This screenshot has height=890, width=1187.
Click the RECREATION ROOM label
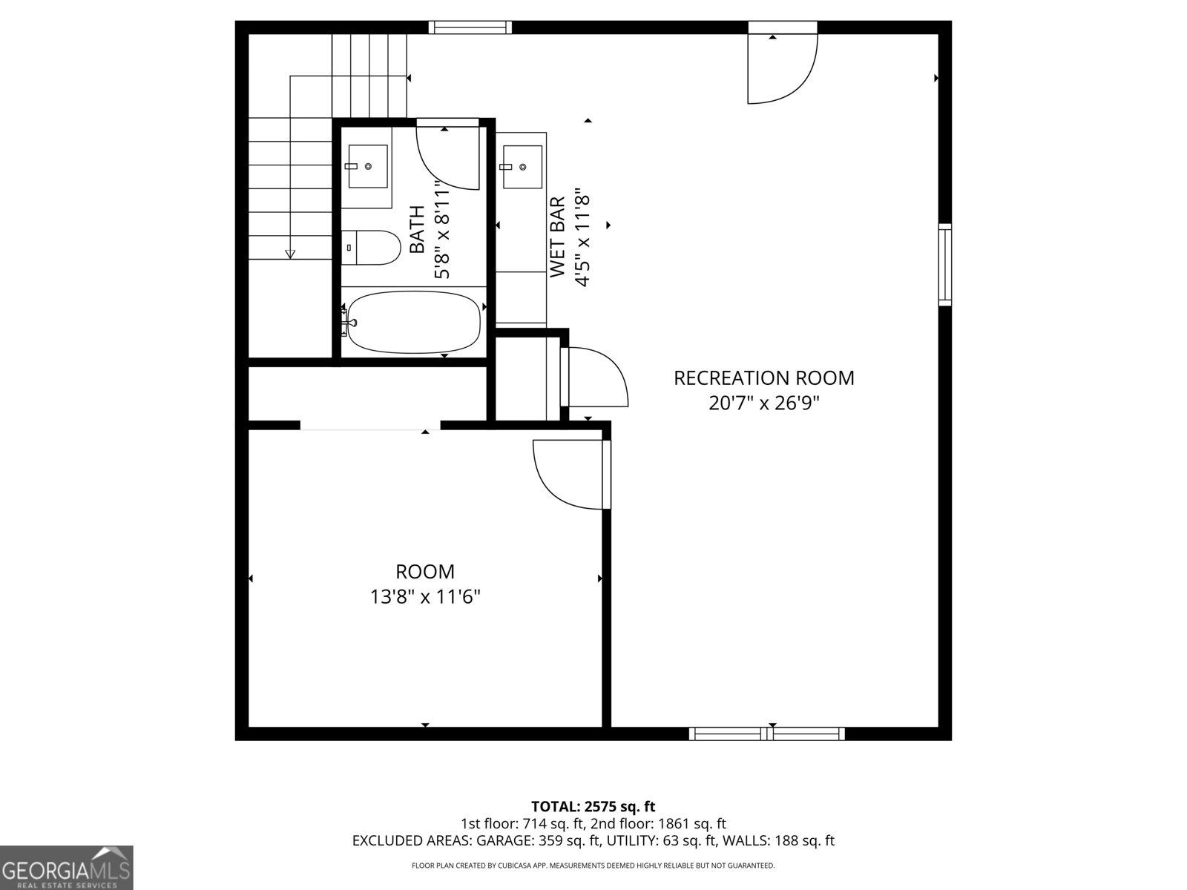tap(763, 378)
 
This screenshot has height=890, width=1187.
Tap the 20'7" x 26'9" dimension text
tap(763, 403)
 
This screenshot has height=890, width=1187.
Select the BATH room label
tap(418, 230)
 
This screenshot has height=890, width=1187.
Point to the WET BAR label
tap(558, 237)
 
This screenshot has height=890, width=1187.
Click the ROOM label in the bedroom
tap(425, 572)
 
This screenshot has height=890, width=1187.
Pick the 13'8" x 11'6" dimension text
tap(425, 596)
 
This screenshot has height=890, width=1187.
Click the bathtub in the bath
tap(414, 322)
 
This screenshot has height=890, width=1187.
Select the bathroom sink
tap(368, 167)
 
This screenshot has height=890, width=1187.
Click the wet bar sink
tap(522, 168)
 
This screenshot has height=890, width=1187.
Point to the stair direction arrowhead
tap(290, 254)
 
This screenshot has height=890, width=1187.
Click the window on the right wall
tap(944, 265)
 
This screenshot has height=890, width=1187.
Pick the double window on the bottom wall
tap(766, 734)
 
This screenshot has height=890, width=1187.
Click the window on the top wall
tap(470, 27)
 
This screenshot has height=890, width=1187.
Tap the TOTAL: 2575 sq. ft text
tap(593, 806)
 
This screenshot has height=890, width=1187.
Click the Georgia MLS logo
tap(67, 868)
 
